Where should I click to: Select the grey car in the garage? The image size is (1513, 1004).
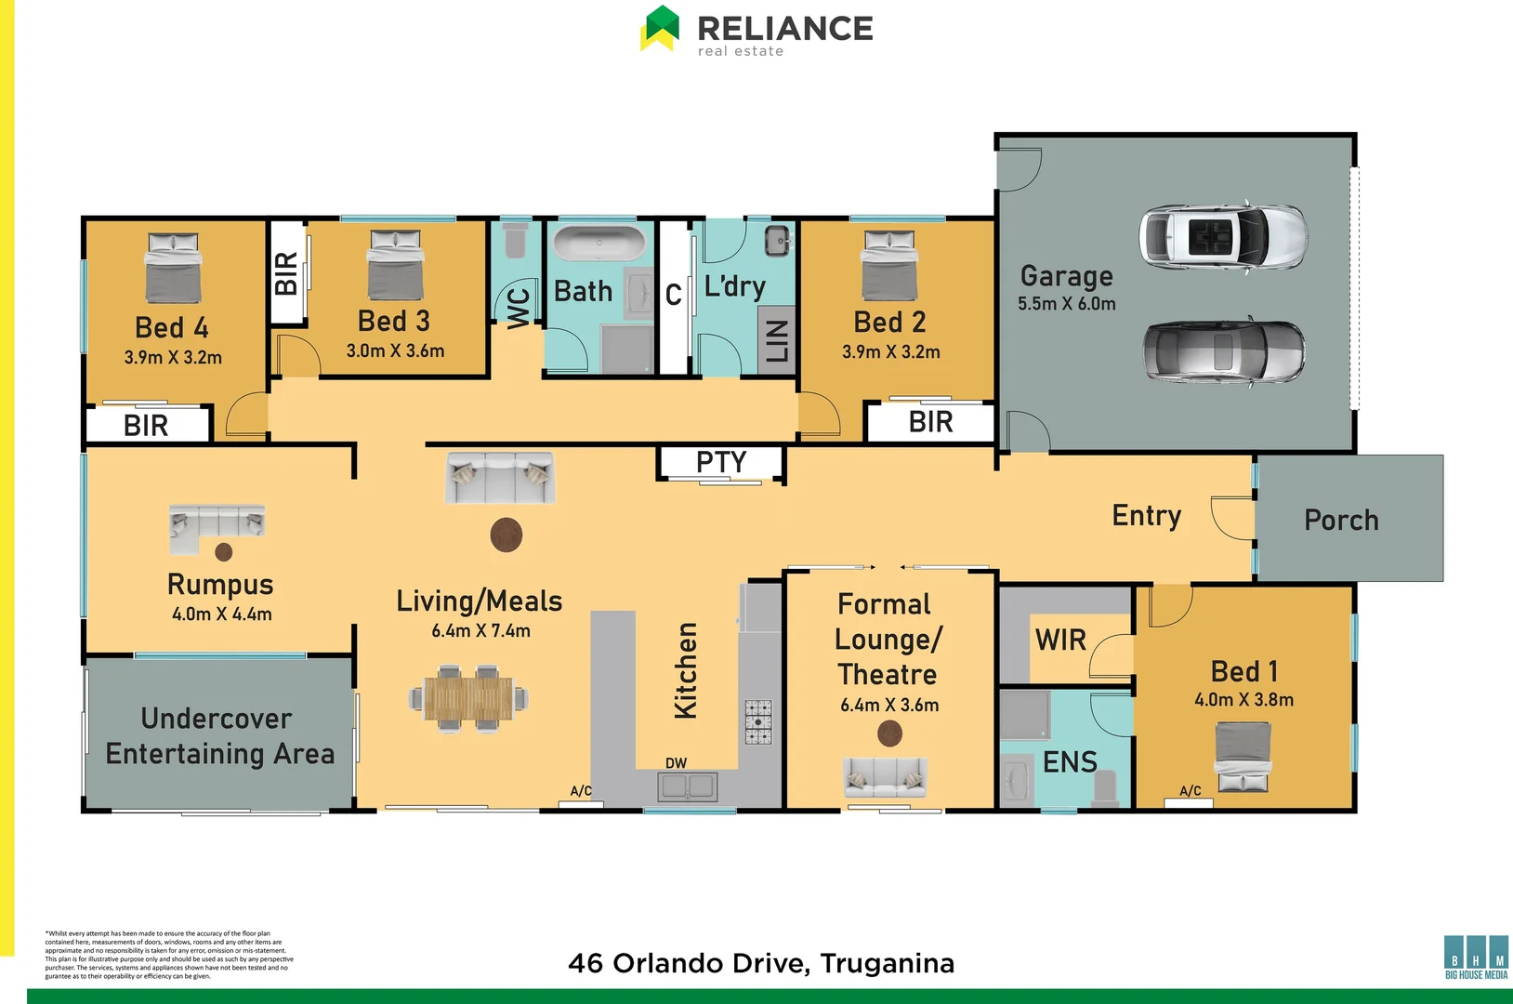click(x=1223, y=352)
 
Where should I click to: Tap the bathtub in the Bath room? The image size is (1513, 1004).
click(x=599, y=244)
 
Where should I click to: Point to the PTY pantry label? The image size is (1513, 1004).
click(x=721, y=462)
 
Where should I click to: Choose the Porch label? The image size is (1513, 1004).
click(x=1341, y=520)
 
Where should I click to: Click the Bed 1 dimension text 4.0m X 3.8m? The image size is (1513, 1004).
click(x=1243, y=700)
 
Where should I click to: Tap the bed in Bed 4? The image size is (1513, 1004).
click(x=173, y=267)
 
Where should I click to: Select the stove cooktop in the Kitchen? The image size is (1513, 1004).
click(x=758, y=722)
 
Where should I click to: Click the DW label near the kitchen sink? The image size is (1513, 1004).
click(x=676, y=763)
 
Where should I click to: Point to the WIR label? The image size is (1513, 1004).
click(x=1060, y=640)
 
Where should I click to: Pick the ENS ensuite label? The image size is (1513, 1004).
click(x=1070, y=762)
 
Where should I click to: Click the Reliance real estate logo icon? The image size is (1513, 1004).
click(x=661, y=28)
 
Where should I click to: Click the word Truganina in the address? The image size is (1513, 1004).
click(x=888, y=963)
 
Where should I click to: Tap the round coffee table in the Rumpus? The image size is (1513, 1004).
click(x=224, y=552)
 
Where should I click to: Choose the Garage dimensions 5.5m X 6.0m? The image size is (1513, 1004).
click(x=1066, y=304)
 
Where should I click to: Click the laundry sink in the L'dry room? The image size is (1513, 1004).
click(x=778, y=241)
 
